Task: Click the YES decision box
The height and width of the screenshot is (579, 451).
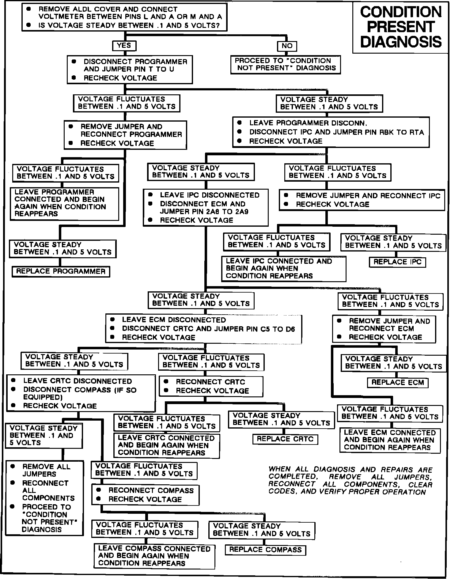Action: pos(124,46)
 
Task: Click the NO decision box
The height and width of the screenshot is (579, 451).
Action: pos(287,46)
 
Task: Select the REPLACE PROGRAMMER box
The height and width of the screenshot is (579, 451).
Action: pos(61,271)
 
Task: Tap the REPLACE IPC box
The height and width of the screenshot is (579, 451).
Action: pos(397,262)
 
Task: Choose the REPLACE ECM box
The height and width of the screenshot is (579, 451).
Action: pos(397,382)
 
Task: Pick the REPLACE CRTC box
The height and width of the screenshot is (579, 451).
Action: pos(285,439)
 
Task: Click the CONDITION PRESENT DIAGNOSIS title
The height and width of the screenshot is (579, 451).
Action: pos(401,27)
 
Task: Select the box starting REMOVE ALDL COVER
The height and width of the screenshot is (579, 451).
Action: pos(124,17)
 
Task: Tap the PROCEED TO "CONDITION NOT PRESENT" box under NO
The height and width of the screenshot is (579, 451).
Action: pos(285,64)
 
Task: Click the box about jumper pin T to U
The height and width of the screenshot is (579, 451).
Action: pos(130,70)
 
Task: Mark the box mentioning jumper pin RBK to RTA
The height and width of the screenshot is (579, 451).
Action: pos(331,132)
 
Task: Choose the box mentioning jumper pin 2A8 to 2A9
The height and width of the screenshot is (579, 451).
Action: pos(206,207)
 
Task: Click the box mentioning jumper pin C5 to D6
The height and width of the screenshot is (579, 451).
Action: pos(204,329)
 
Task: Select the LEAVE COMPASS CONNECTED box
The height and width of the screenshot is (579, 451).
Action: pos(154,556)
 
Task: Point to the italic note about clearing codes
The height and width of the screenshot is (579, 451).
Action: pos(350,480)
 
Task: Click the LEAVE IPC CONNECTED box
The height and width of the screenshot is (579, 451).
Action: pos(283,269)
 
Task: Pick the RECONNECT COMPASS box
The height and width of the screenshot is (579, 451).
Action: pos(146,495)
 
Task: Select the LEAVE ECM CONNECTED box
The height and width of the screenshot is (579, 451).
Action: pos(390,440)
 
